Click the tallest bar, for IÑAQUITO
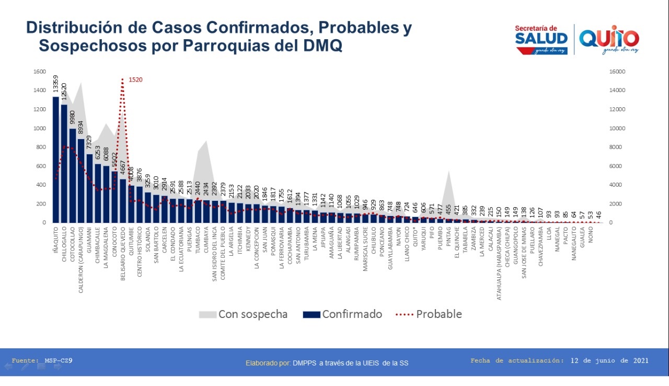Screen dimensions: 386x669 56,160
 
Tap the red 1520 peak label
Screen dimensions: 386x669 135,80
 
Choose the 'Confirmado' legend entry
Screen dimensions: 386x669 342,314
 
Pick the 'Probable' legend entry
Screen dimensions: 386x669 430,314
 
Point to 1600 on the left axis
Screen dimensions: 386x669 40,72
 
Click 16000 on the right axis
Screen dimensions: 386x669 617,72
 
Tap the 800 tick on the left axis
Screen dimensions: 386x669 41,147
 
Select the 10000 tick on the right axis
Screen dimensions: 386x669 617,128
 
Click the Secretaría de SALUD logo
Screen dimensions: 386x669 541,39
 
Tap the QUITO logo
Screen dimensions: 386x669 609,39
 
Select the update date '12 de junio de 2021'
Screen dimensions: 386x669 609,360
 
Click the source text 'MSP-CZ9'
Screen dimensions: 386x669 59,360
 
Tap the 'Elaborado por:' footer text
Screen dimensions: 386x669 268,363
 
